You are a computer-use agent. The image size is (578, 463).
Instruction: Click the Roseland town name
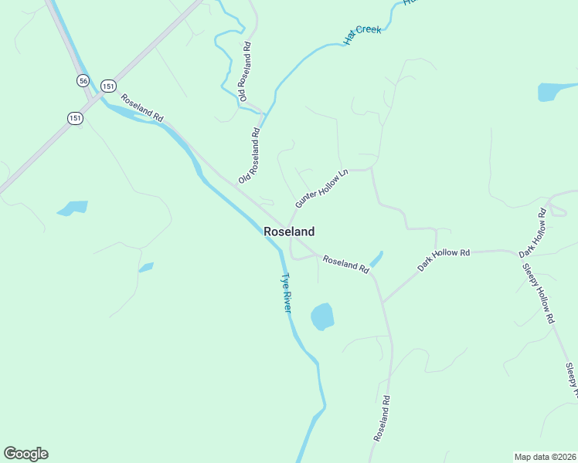tap(289, 231)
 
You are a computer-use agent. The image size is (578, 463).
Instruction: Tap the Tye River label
tap(286, 292)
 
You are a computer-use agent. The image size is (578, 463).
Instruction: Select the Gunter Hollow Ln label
tap(322, 188)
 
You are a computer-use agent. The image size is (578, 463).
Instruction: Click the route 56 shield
tap(83, 80)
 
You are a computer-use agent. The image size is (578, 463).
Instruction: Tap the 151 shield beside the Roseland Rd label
tap(108, 86)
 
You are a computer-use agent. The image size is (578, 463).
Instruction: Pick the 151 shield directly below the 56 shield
tap(74, 117)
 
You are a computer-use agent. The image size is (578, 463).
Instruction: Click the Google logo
tap(25, 454)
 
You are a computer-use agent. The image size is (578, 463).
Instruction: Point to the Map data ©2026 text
tap(544, 456)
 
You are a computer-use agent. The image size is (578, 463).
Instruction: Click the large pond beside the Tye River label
tap(321, 316)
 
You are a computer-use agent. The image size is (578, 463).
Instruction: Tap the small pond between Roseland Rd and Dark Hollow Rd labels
tap(376, 259)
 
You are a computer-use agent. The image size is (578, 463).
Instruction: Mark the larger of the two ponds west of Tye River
tap(73, 208)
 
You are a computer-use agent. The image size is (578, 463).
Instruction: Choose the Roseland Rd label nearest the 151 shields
tap(142, 109)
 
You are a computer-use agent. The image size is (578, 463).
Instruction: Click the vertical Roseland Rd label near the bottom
tap(382, 419)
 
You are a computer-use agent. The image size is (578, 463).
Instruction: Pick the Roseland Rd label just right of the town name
tap(345, 263)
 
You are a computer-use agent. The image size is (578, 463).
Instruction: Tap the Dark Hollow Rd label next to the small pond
tap(444, 259)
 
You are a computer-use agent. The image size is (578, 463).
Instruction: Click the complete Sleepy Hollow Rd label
tap(539, 294)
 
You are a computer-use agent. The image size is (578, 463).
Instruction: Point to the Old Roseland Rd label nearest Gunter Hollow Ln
tap(249, 155)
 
